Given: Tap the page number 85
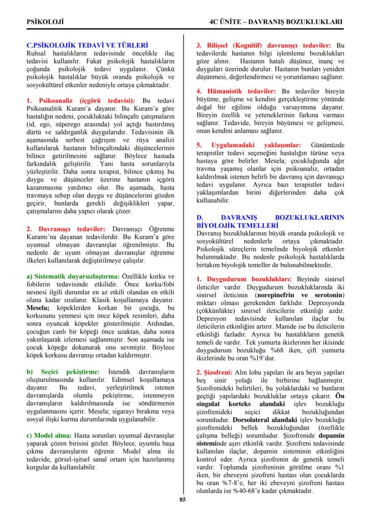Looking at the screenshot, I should coord(182,500).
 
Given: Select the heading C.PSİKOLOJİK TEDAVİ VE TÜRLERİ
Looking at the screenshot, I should coord(87,45).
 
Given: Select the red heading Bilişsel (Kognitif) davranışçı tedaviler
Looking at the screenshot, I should coord(264,45).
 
